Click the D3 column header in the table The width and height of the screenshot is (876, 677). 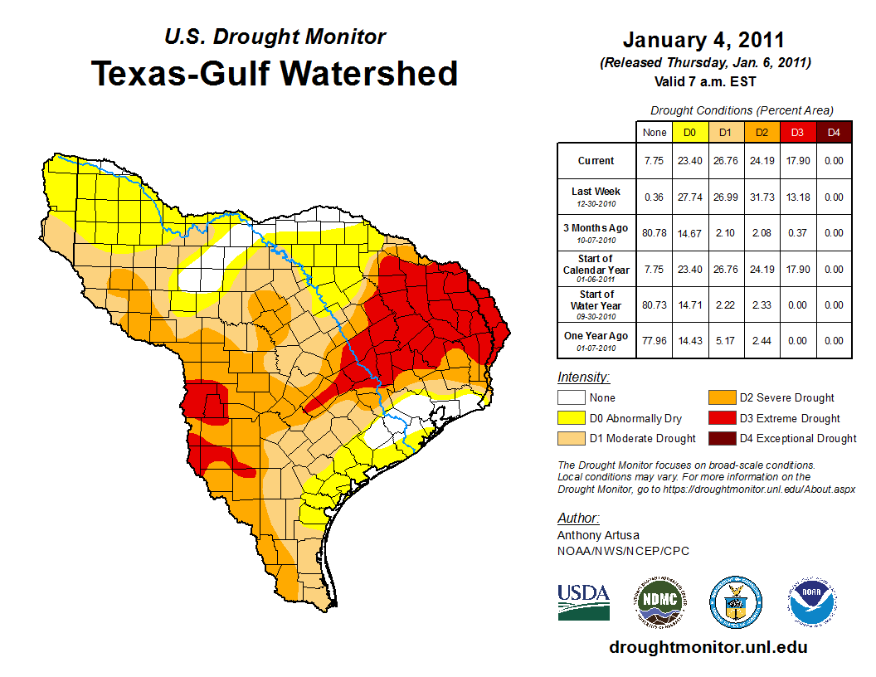[796, 132]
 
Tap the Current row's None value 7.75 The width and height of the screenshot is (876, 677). [654, 161]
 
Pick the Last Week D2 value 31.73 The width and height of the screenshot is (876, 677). [761, 197]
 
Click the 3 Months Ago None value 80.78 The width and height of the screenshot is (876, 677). [654, 233]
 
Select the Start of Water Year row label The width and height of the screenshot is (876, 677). [596, 304]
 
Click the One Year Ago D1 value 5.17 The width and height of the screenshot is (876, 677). [725, 340]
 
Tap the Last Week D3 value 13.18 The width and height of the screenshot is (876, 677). [796, 197]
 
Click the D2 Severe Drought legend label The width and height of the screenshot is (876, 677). [786, 397]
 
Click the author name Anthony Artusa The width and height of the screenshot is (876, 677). [597, 535]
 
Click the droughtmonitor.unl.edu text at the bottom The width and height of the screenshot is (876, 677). [708, 647]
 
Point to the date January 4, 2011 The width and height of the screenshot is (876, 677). [703, 40]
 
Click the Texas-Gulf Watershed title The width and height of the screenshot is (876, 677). [275, 73]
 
